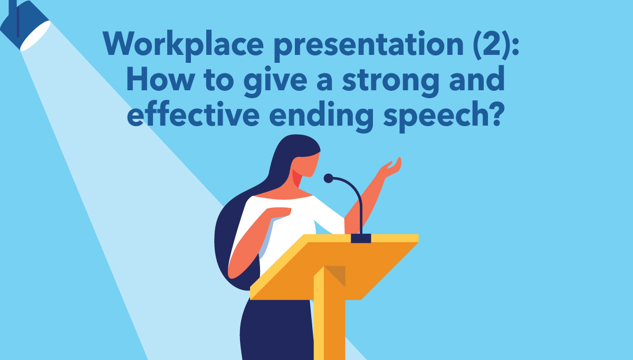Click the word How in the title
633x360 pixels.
[160, 78]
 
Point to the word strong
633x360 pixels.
[390, 81]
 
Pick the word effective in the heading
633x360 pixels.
[193, 113]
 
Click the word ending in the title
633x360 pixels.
[321, 116]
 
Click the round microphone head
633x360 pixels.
[328, 178]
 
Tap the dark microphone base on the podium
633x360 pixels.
[361, 238]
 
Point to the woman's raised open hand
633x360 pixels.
[391, 168]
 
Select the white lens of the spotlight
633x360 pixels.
[36, 36]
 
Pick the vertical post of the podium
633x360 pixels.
[330, 314]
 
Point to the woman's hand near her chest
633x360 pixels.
[279, 213]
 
